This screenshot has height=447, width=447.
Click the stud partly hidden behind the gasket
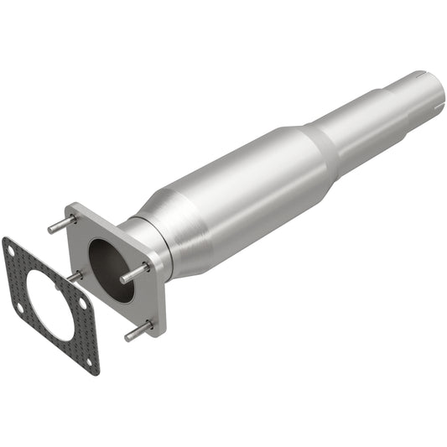click(x=75, y=276)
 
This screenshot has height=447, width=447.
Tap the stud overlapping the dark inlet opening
click(x=135, y=273)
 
